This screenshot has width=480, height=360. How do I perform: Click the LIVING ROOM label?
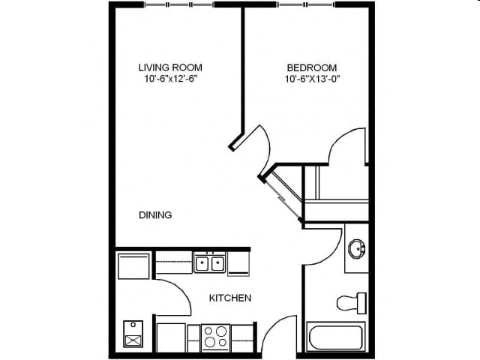click(170, 67)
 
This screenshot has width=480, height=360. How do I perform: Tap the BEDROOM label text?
click(312, 67)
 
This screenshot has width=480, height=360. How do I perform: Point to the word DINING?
click(155, 215)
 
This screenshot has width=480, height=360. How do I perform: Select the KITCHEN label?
click(229, 298)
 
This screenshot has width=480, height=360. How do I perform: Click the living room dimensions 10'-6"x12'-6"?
click(170, 79)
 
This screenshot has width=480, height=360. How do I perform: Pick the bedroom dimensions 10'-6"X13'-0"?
click(312, 79)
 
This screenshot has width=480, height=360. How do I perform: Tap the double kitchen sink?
click(210, 263)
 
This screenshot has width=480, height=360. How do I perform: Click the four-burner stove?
click(215, 337)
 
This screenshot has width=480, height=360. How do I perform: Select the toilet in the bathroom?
click(351, 303)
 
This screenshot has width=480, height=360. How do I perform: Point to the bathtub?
click(336, 336)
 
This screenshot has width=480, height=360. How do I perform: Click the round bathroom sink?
click(357, 247)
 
